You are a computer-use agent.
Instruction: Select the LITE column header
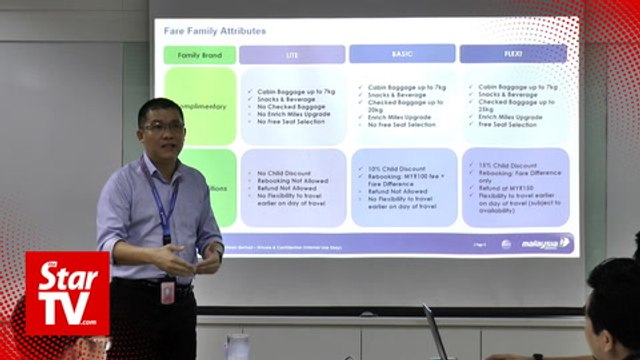(x=292, y=54)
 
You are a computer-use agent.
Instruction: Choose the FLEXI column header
(x=513, y=53)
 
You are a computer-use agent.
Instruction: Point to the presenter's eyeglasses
(x=162, y=126)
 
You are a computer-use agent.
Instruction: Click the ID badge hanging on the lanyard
(x=167, y=291)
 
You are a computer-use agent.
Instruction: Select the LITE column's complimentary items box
(x=292, y=105)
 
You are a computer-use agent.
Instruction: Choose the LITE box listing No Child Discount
(x=292, y=188)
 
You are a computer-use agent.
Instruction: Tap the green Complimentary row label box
(x=201, y=105)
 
